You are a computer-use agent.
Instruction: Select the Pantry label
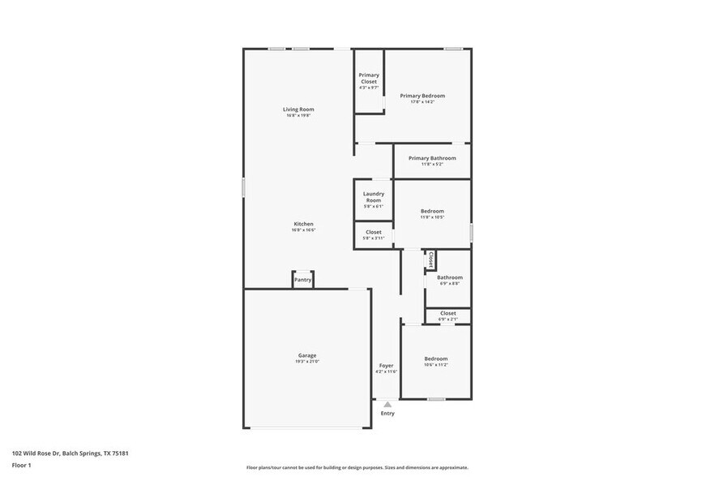click(x=302, y=280)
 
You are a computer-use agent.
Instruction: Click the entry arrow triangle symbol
click(x=387, y=404)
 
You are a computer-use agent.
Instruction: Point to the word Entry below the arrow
click(x=387, y=414)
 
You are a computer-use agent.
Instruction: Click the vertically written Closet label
click(x=431, y=260)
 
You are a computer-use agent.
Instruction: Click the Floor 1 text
click(x=22, y=465)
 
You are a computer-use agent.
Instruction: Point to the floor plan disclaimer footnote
click(x=357, y=468)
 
